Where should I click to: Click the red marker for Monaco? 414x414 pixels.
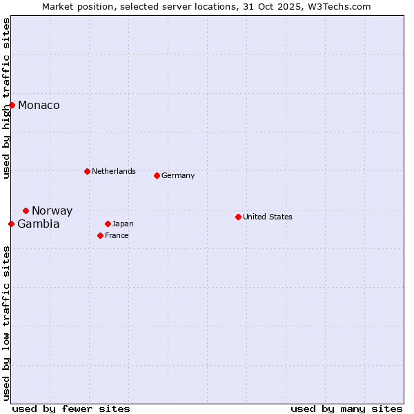coord(12,105)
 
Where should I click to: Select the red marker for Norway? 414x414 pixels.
coord(26,210)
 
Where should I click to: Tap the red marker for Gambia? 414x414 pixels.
coord(11,224)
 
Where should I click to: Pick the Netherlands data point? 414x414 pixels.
coord(87,171)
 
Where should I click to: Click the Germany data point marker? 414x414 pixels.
coord(157,175)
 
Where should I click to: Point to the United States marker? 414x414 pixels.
coord(238,217)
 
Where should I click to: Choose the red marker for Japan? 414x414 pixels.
coord(108,224)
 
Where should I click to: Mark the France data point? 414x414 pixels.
coord(100,235)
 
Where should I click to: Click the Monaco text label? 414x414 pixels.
coord(39,106)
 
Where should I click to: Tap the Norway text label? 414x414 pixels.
coord(52,211)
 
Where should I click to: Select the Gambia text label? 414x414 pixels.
coord(38,224)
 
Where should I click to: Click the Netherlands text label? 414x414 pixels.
coord(114,171)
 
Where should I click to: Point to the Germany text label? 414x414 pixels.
coord(178,175)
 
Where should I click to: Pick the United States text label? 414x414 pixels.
coord(268,217)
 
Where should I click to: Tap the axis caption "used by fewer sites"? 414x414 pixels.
coord(71,408)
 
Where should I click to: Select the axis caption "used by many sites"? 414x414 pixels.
coord(346,408)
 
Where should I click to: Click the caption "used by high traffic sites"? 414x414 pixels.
coord(6,98)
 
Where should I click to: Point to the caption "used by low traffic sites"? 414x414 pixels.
coord(6,322)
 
